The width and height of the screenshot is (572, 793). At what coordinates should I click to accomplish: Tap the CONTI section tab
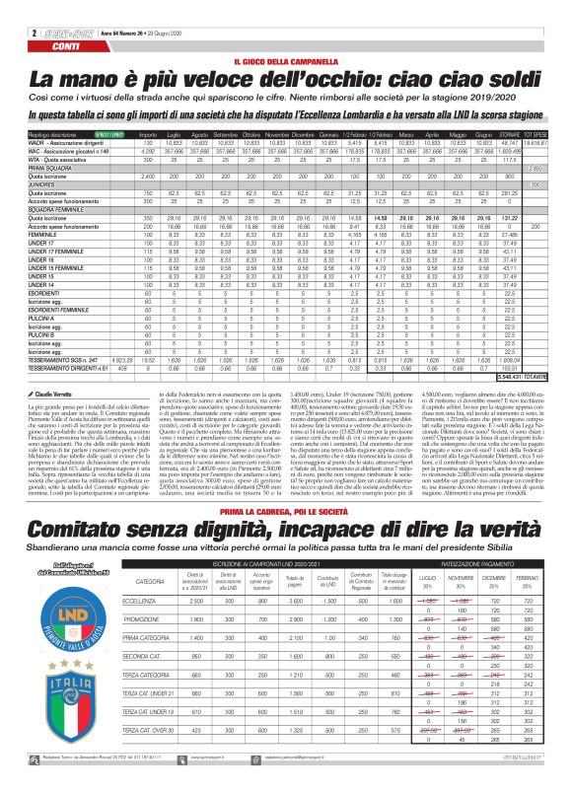[x=66, y=20]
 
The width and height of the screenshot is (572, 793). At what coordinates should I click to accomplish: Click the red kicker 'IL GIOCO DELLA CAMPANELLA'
[x=285, y=61]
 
